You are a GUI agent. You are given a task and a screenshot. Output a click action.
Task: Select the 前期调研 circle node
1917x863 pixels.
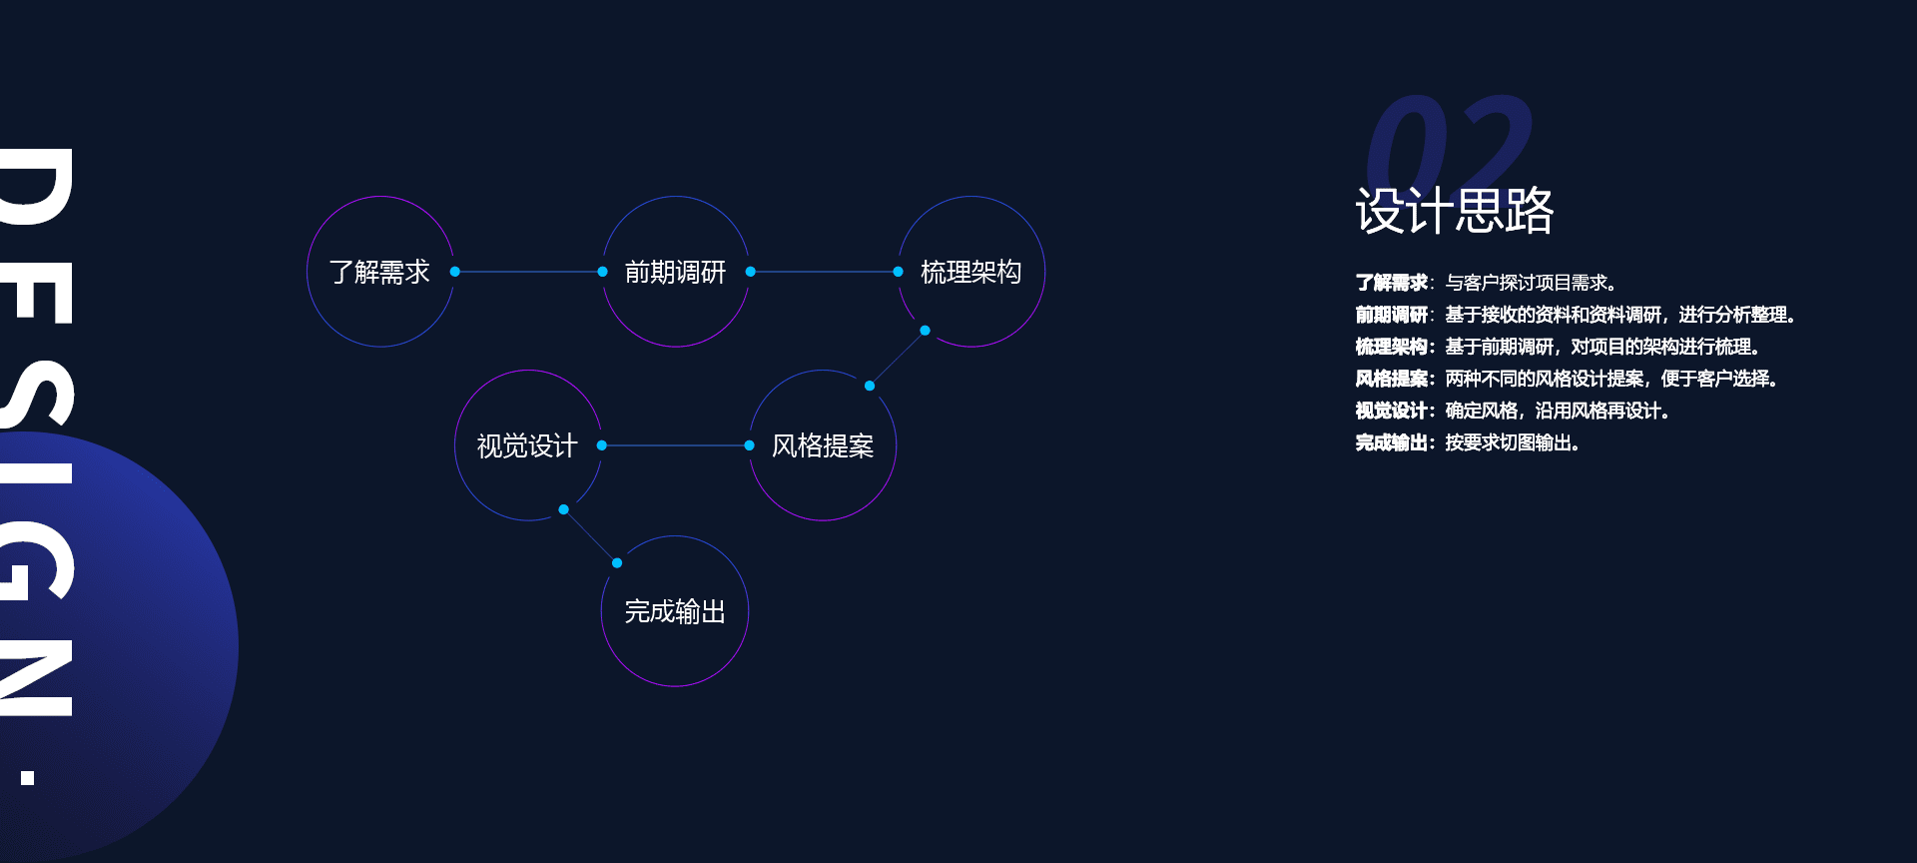point(675,197)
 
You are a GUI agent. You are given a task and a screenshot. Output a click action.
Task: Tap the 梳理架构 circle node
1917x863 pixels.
point(970,197)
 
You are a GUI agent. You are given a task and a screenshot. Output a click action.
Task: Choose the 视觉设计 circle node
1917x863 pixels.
point(527,371)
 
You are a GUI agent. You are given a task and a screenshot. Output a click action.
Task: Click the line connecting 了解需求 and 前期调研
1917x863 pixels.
point(528,272)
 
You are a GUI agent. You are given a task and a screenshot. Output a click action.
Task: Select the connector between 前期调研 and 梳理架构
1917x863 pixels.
point(824,272)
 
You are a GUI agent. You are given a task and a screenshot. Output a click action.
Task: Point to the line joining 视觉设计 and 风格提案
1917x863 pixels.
point(675,445)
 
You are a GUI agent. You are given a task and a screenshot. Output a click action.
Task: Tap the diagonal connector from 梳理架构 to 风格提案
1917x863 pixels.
point(898,358)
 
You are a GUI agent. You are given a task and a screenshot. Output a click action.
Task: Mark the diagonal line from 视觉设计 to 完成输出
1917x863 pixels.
point(590,536)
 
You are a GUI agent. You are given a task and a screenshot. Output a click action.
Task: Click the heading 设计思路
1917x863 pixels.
point(1455,211)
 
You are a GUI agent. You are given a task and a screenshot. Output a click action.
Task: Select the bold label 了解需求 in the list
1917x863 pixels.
point(1392,283)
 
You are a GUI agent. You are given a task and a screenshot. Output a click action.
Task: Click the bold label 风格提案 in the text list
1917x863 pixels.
point(1392,379)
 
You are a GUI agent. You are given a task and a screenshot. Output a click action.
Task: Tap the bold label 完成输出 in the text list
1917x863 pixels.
point(1392,442)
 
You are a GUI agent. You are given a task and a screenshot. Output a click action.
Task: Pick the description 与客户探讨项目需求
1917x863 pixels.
point(1531,283)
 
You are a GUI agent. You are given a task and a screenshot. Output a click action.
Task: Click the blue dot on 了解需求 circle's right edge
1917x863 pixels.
point(455,272)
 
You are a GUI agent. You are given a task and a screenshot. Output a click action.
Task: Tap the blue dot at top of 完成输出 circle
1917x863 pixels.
point(617,563)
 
